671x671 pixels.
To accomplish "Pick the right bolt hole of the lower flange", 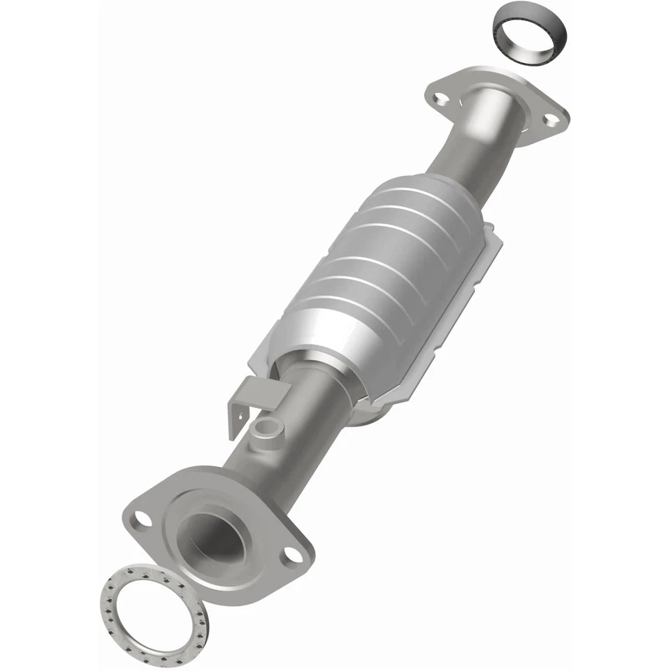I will point(291,555).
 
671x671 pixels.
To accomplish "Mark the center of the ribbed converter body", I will point(391,273).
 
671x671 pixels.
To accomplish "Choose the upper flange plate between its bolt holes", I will point(489,84).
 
